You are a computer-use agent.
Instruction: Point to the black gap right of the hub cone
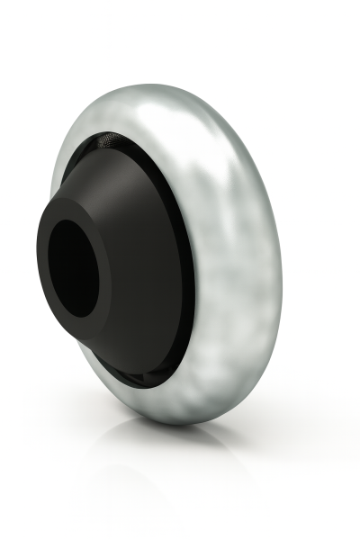[190, 270]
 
